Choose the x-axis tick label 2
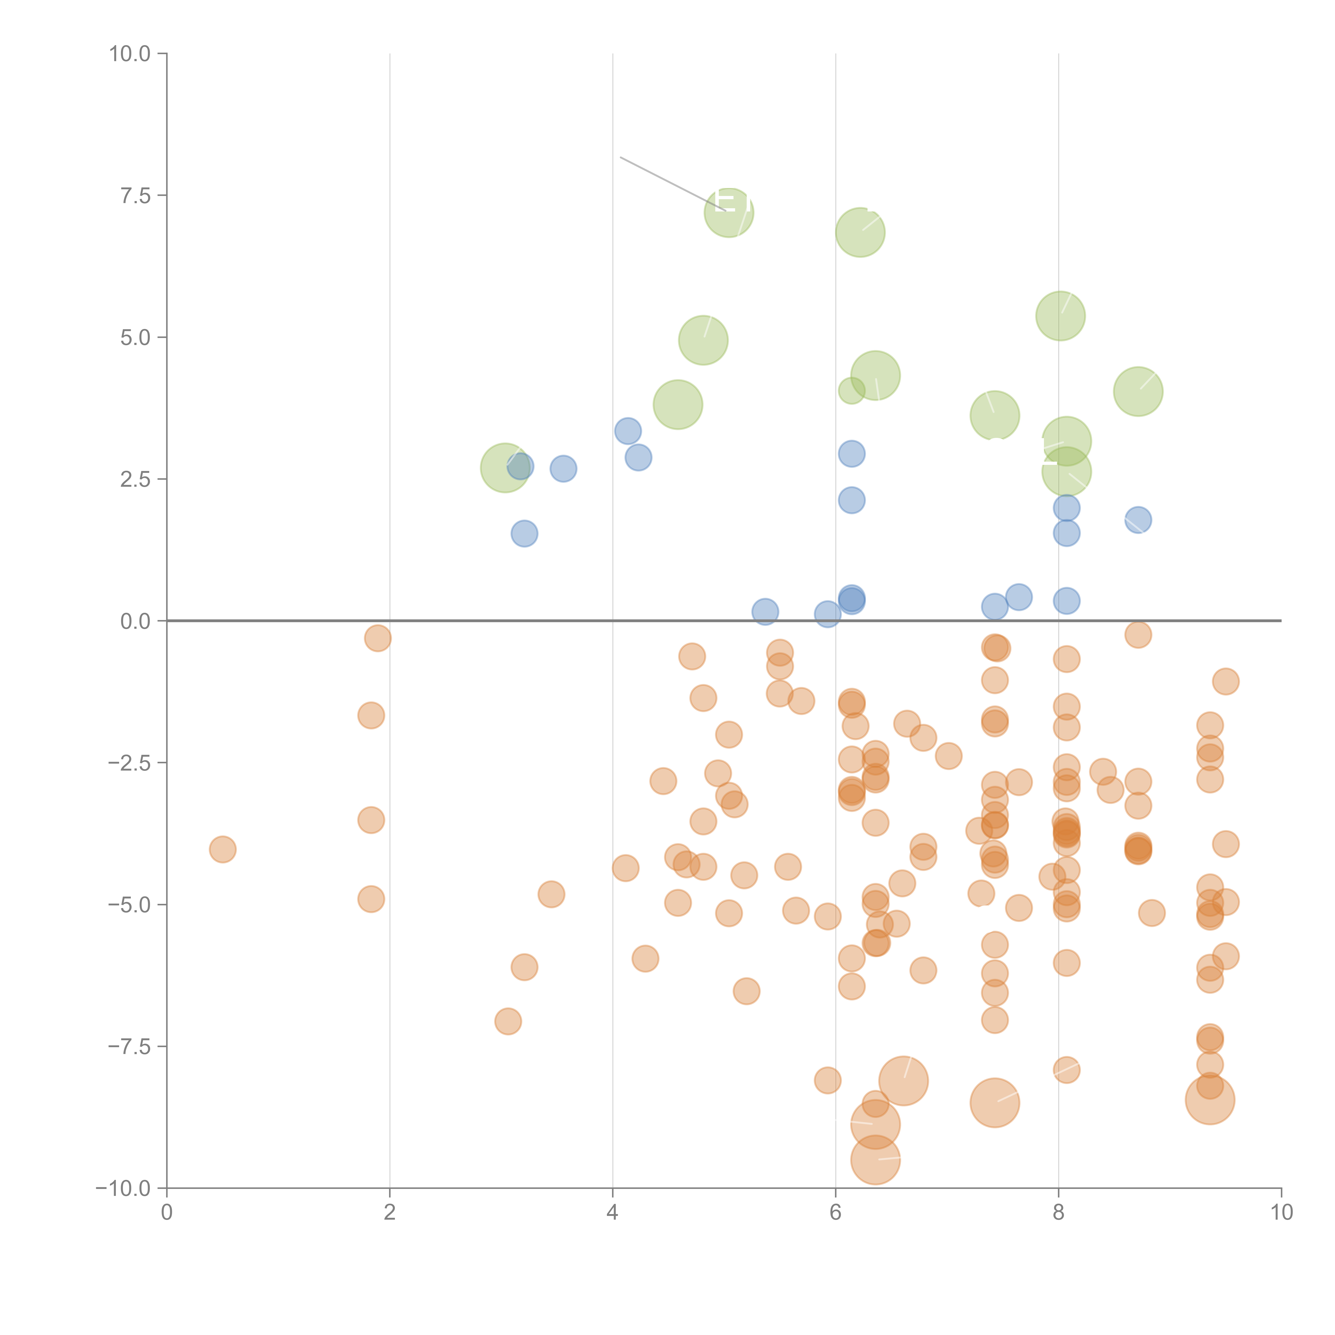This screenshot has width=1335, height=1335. [x=390, y=1213]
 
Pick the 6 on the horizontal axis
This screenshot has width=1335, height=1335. [x=835, y=1213]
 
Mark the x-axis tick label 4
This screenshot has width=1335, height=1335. [x=612, y=1213]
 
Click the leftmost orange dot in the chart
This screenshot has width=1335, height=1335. [x=222, y=849]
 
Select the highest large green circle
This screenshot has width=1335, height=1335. [x=729, y=212]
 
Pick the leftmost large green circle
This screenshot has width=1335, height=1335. [x=505, y=468]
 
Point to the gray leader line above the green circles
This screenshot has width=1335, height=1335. [x=670, y=183]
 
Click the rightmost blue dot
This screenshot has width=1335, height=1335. [x=1138, y=520]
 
